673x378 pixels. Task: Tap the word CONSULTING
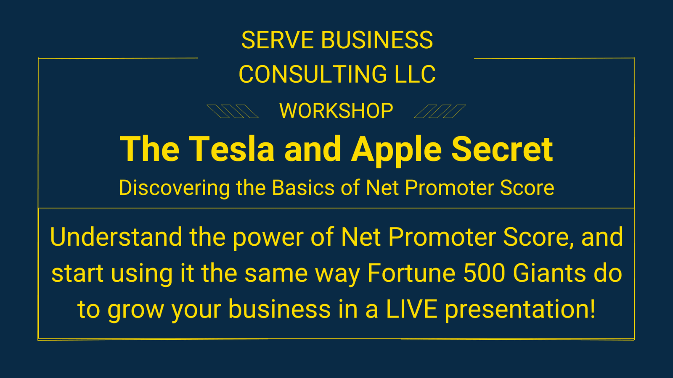click(312, 74)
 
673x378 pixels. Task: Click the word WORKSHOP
click(336, 111)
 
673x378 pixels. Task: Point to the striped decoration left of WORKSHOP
click(233, 111)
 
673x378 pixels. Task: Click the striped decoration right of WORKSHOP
click(440, 111)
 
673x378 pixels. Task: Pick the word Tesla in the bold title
click(232, 149)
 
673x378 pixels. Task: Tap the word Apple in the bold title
click(396, 151)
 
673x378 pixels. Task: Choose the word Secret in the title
click(502, 149)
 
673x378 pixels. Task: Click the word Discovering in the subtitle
click(175, 188)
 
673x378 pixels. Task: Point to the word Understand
click(116, 237)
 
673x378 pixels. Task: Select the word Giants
click(549, 273)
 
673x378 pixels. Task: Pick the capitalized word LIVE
click(412, 309)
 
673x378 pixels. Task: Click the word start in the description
click(77, 273)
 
